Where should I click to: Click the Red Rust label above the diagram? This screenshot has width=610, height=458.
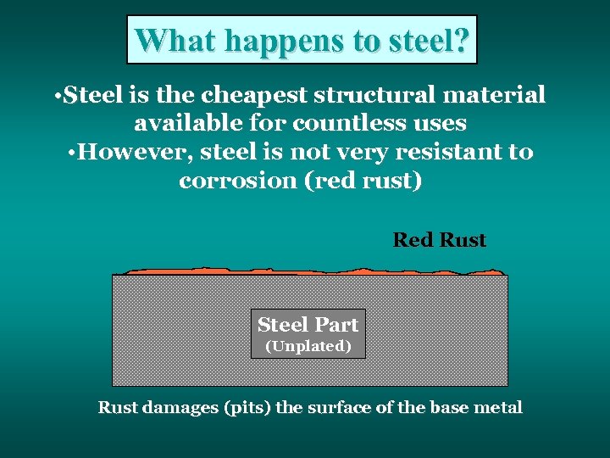click(439, 240)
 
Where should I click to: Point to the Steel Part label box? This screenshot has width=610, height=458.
click(308, 325)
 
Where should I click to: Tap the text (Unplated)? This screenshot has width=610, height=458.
click(308, 346)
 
